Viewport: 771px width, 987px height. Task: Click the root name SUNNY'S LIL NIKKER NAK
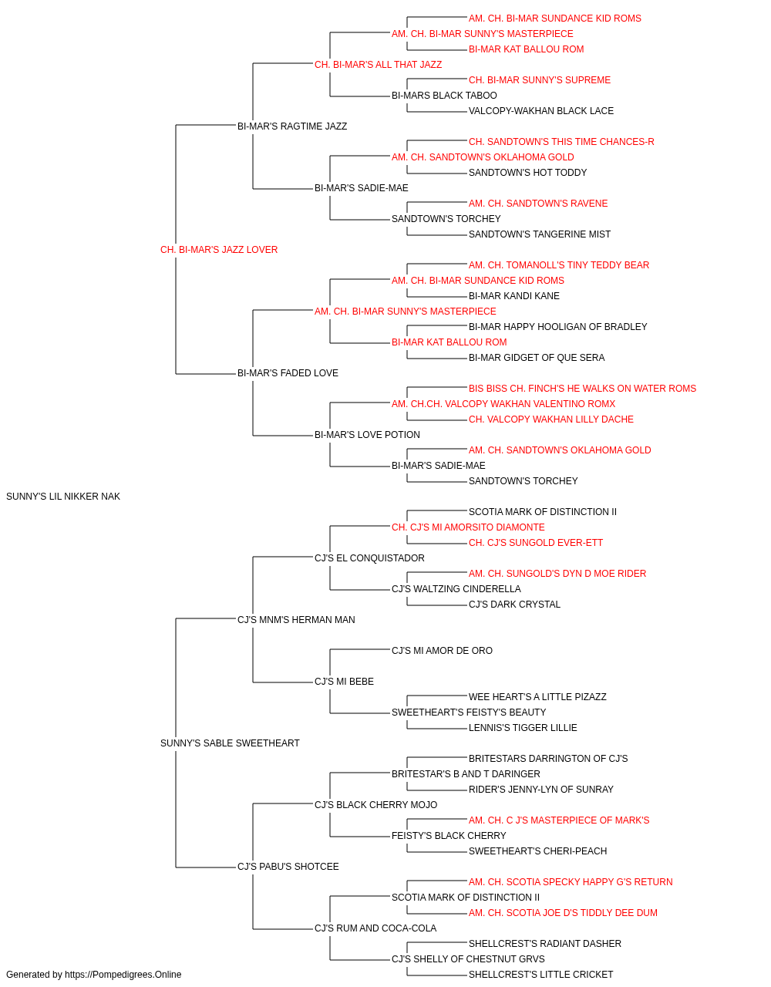pos(63,497)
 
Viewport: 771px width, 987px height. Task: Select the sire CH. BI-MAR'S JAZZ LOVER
pos(219,250)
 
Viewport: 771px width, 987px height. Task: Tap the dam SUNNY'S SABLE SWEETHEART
pos(230,743)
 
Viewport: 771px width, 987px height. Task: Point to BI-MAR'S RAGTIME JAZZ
pos(292,126)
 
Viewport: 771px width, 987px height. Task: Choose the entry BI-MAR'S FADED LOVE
pos(288,373)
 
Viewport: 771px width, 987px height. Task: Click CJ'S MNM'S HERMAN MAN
pos(296,619)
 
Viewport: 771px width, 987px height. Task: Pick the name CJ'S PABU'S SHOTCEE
pos(288,867)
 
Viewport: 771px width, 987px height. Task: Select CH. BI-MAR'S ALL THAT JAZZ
pos(379,65)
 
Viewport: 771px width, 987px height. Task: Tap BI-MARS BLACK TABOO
pos(444,96)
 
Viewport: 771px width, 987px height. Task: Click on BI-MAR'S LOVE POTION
pos(367,435)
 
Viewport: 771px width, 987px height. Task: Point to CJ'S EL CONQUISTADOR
pos(369,558)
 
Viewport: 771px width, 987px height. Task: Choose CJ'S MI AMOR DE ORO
pos(442,651)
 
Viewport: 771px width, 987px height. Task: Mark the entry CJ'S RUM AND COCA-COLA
pos(375,928)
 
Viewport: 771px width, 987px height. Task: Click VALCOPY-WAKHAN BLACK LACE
pos(540,111)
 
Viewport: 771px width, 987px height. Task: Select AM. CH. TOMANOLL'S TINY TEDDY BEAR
pos(559,265)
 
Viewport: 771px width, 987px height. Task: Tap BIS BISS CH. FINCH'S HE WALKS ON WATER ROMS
pos(582,389)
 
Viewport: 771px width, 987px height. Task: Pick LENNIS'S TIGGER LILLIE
pos(523,728)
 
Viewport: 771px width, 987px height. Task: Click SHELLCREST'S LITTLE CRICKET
pos(540,975)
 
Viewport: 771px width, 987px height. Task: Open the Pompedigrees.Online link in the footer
pos(123,975)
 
